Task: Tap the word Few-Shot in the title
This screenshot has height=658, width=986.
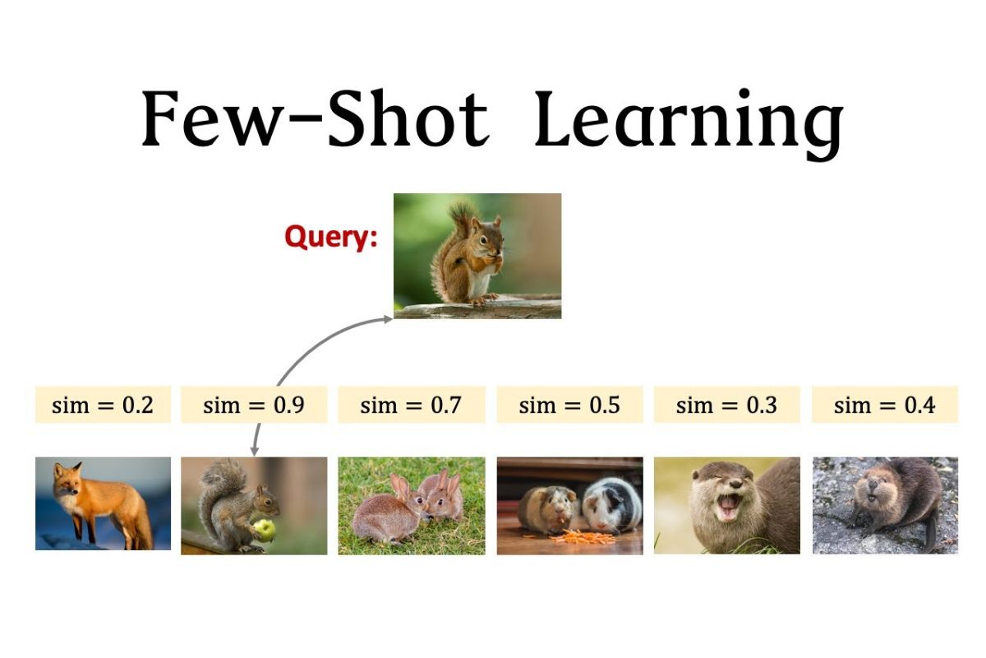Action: [x=316, y=118]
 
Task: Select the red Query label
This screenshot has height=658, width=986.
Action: [x=331, y=238]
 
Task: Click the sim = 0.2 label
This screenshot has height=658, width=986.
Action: [x=103, y=405]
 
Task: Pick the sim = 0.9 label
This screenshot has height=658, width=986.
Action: [x=254, y=405]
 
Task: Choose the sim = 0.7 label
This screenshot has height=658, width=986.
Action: [x=412, y=405]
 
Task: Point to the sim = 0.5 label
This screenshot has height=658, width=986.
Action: [x=570, y=405]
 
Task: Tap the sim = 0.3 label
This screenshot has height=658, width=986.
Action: [x=726, y=405]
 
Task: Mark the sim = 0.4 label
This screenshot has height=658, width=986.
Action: [x=885, y=405]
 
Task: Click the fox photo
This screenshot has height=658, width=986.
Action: [x=103, y=503]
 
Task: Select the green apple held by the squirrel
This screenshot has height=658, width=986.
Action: [x=264, y=530]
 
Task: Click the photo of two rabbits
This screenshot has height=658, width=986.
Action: [x=412, y=506]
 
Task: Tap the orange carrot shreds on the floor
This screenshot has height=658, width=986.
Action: [x=582, y=537]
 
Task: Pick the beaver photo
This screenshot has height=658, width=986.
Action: [x=885, y=505]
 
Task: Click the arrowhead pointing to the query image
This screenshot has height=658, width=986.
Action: [x=388, y=319]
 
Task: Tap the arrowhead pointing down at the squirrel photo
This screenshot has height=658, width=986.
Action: [x=254, y=452]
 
